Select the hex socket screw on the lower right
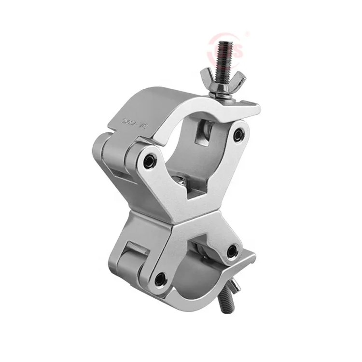(232, 251)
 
